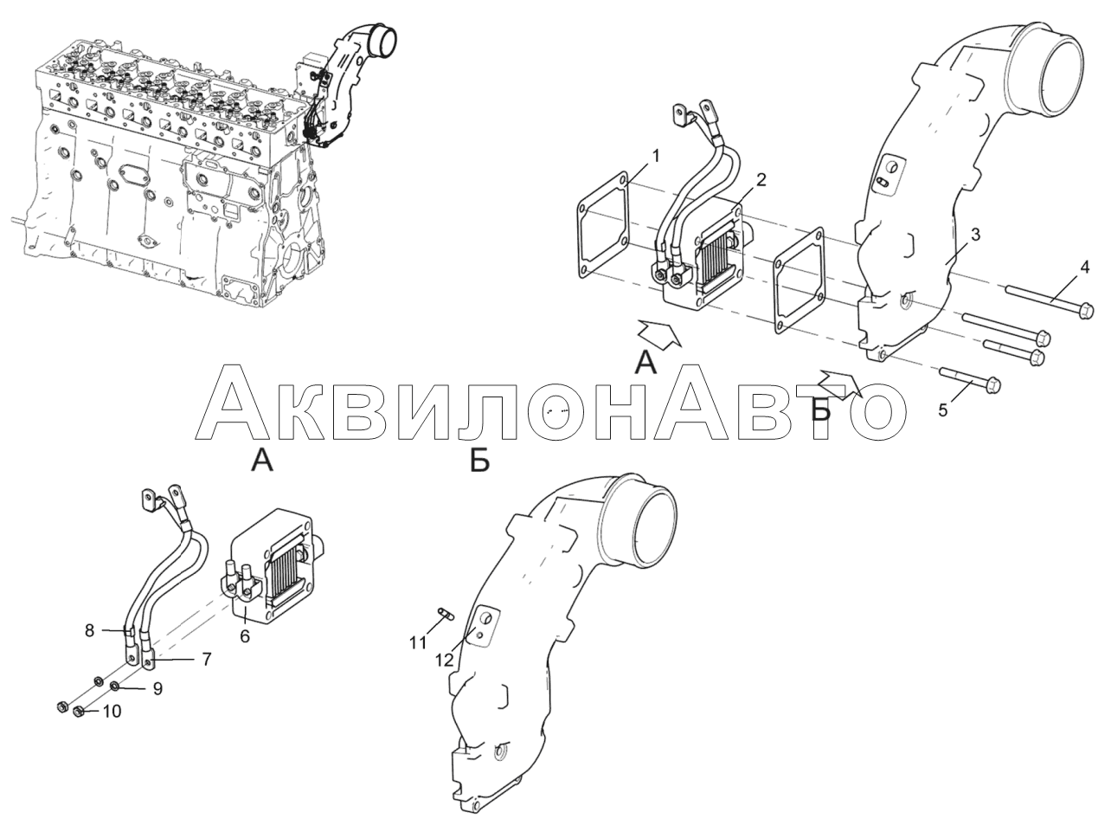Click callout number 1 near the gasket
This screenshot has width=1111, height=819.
coord(656,157)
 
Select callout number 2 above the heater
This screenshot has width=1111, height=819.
coord(761,180)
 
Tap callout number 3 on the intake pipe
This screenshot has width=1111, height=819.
coord(975,235)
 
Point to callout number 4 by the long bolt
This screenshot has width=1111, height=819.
coord(1084,267)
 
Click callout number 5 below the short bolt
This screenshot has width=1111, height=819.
coord(943,410)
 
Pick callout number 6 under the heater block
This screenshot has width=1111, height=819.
coord(245,635)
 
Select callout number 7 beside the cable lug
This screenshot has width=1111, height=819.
coord(207,659)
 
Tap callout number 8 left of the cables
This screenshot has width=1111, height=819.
coord(89,630)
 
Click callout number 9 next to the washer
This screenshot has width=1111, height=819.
coord(157,689)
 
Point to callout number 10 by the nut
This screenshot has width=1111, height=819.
coord(112,712)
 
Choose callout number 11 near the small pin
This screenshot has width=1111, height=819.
coord(418,642)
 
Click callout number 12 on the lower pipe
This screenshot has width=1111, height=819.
coord(444,660)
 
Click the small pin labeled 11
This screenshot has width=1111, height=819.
coord(446,614)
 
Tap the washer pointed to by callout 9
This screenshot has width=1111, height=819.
coord(114,687)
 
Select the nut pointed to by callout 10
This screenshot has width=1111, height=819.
coord(78,713)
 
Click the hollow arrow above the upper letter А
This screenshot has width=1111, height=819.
coord(659,333)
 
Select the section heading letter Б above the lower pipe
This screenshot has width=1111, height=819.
coord(479,460)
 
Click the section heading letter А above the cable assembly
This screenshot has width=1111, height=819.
coord(262,460)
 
